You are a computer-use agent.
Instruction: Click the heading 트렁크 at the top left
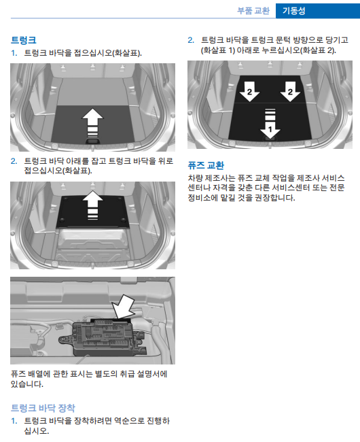coord(24,40)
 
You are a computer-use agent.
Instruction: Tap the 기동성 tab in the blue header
coord(294,11)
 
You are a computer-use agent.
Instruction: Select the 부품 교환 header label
coord(253,11)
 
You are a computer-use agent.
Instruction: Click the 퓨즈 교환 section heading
coord(206,165)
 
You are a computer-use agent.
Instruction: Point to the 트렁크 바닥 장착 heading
coord(43,408)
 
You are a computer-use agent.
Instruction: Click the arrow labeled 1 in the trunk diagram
coord(270,124)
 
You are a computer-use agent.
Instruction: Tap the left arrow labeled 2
coord(249,92)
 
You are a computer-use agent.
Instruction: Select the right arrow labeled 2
coord(290,92)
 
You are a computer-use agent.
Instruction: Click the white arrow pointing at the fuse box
coord(124,307)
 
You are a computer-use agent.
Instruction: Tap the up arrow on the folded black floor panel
coord(92,205)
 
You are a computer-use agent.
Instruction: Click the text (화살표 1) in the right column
coord(218,50)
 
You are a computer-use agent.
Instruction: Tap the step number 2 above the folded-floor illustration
coord(14,161)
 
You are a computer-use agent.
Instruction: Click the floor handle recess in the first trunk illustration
coord(92,140)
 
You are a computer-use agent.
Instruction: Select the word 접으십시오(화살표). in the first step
coord(108,53)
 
